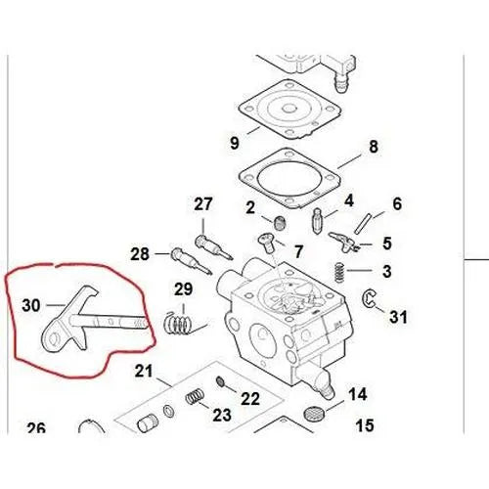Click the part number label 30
click(31, 306)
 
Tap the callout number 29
click(183, 289)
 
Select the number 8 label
click(374, 147)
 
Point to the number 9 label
click(235, 143)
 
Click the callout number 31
click(398, 317)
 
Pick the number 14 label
click(358, 394)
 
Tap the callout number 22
click(250, 398)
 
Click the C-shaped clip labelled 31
click(368, 298)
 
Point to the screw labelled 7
click(267, 243)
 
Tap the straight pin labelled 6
click(362, 223)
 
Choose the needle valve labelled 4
click(317, 220)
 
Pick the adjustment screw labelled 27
click(214, 247)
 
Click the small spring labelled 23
click(195, 396)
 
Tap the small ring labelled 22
click(221, 380)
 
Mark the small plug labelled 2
click(280, 223)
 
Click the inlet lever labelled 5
click(342, 242)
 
